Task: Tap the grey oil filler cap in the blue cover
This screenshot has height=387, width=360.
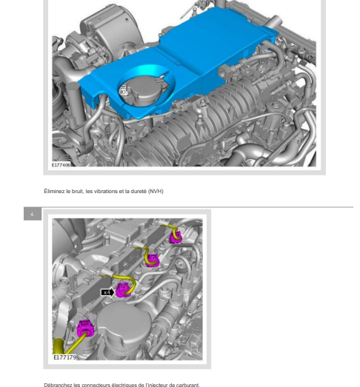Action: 143,90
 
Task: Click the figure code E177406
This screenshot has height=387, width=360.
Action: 61,165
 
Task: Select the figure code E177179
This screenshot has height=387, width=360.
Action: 65,357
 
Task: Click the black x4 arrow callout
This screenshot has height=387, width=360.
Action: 107,292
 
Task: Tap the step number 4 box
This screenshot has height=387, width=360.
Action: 33,214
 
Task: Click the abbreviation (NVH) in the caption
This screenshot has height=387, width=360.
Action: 156,191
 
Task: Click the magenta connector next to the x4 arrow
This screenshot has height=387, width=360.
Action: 123,289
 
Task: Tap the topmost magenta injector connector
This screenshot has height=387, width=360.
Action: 176,237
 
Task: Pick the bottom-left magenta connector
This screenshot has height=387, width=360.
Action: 85,329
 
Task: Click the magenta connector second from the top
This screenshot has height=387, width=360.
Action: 152,260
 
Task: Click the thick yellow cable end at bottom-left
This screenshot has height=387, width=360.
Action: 59,346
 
